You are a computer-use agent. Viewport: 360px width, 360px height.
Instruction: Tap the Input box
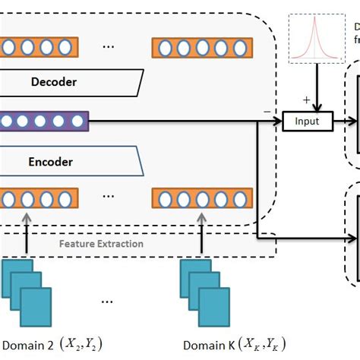307,120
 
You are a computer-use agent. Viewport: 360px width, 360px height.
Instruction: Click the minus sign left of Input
267,112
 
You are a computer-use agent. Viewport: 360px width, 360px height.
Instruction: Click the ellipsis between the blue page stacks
109,301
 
